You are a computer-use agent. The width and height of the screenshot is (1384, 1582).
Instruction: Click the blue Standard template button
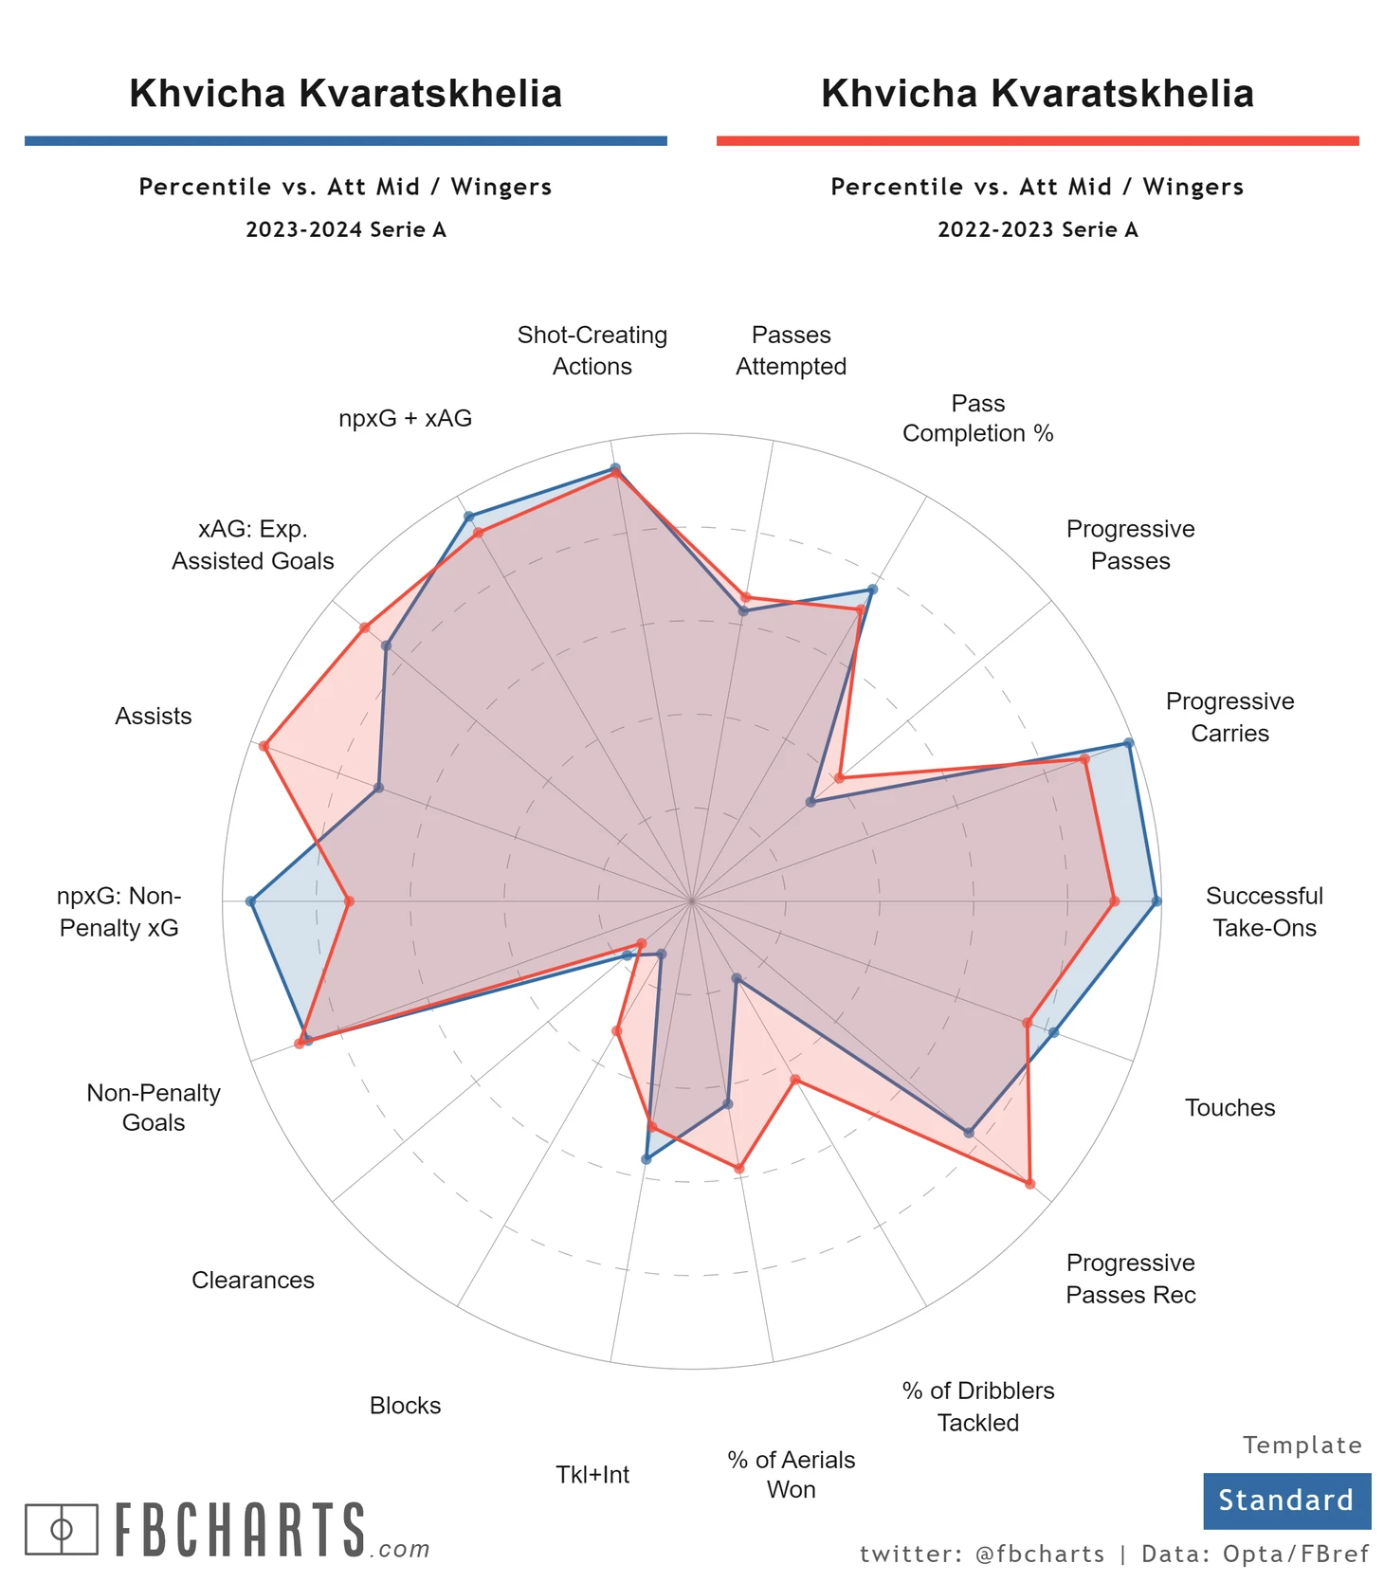click(1286, 1500)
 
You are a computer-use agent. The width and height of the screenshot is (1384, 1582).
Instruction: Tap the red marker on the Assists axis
click(264, 746)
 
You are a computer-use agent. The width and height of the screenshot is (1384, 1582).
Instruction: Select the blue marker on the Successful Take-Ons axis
click(1156, 900)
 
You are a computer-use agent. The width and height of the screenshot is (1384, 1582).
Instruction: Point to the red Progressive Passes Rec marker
click(1029, 1184)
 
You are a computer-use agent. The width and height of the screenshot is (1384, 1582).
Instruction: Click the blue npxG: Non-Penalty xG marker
click(251, 900)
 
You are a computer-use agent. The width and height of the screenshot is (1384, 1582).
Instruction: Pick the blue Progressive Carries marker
click(1128, 743)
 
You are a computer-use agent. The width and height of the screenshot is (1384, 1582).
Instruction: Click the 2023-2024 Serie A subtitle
click(346, 229)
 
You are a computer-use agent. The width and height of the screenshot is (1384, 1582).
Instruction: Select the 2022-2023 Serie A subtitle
click(1037, 229)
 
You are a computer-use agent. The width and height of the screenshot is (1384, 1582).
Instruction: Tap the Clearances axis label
click(253, 1280)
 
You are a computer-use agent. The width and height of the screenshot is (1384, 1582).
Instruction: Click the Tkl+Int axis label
click(592, 1474)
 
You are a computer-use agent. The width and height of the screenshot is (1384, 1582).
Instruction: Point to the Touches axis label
click(1229, 1107)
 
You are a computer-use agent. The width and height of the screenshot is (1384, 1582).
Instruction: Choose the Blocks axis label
click(405, 1405)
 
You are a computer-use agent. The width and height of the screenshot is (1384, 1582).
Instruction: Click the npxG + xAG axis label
click(405, 418)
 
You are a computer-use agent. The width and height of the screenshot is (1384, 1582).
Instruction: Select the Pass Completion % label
click(977, 418)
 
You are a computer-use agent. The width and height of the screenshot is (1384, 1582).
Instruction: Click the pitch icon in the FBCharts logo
click(62, 1528)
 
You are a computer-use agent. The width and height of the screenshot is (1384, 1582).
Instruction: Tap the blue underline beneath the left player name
click(346, 141)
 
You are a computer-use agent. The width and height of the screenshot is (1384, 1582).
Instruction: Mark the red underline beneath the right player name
click(1037, 141)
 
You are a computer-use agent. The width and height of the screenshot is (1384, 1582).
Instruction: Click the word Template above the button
click(1302, 1445)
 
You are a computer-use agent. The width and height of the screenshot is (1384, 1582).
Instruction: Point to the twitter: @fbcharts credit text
click(982, 1554)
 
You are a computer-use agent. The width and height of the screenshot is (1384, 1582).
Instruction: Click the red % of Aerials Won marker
click(739, 1168)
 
